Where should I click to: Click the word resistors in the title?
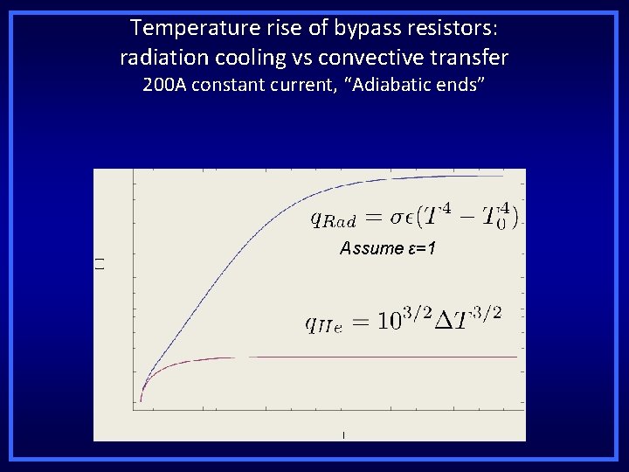tap(452, 28)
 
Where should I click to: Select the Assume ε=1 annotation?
tap(388, 249)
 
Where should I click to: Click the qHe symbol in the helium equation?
tap(323, 324)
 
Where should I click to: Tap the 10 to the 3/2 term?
tap(397, 320)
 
